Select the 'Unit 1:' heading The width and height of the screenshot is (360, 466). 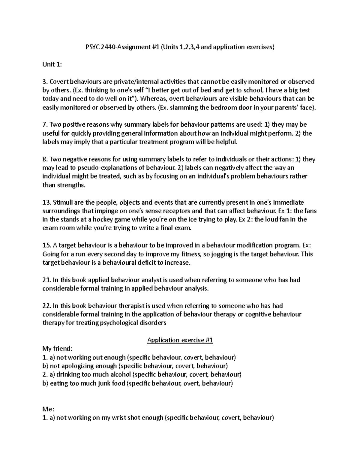[x=52, y=64]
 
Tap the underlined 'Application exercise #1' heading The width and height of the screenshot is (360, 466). [x=180, y=340]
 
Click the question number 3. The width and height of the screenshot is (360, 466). [x=45, y=82]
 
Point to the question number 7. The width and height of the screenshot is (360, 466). [x=45, y=125]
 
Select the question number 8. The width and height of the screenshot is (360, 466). [x=45, y=159]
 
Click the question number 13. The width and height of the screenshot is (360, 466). [x=46, y=202]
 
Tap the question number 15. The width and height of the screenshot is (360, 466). [x=46, y=245]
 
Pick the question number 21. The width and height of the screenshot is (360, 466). [x=46, y=280]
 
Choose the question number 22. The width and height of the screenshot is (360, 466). [x=46, y=306]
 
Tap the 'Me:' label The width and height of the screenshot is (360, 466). [x=48, y=409]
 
